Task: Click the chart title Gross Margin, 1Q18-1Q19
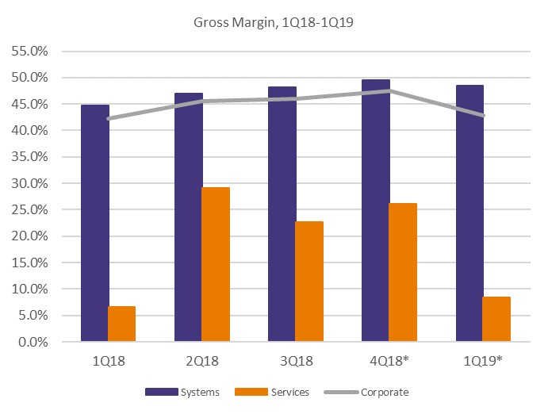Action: (x=274, y=21)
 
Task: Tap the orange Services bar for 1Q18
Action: (x=122, y=324)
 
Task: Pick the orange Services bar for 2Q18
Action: (x=216, y=265)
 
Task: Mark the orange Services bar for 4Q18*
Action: (x=403, y=273)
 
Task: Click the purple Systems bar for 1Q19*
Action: (x=469, y=213)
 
